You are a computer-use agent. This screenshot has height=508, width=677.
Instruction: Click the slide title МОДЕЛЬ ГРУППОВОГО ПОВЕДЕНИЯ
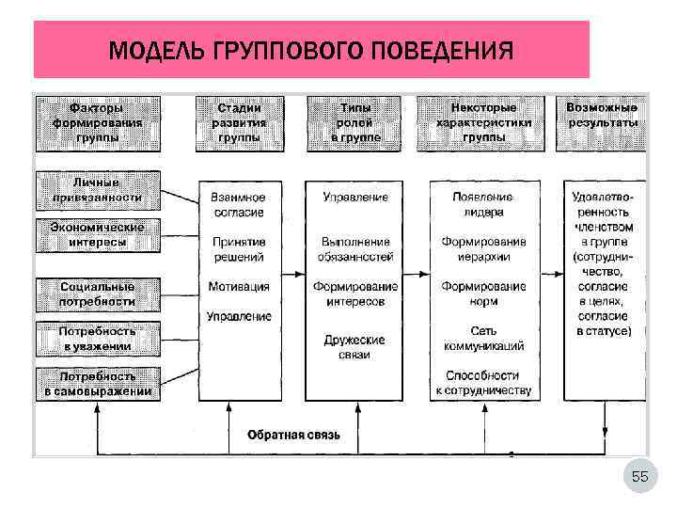311,50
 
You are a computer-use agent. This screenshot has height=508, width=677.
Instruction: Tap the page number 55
639,477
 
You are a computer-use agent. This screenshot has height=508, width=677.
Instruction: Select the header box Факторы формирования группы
99,122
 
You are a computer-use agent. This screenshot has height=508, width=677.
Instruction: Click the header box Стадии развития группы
240,122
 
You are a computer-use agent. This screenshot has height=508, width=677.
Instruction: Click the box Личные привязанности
99,190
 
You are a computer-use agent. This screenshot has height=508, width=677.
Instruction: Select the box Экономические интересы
99,234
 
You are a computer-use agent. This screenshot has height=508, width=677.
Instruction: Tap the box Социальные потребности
99,294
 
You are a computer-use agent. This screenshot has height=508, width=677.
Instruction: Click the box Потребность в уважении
99,339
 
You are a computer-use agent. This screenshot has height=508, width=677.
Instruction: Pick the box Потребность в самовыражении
99,384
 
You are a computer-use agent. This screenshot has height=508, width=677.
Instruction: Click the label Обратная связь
293,435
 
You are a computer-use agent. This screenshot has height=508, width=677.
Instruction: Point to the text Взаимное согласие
238,205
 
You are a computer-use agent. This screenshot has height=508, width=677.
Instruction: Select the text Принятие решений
238,249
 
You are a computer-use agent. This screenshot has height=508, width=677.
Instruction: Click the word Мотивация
239,287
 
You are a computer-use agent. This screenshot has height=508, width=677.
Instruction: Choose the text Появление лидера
483,205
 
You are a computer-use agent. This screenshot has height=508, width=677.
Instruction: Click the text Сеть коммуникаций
483,339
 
